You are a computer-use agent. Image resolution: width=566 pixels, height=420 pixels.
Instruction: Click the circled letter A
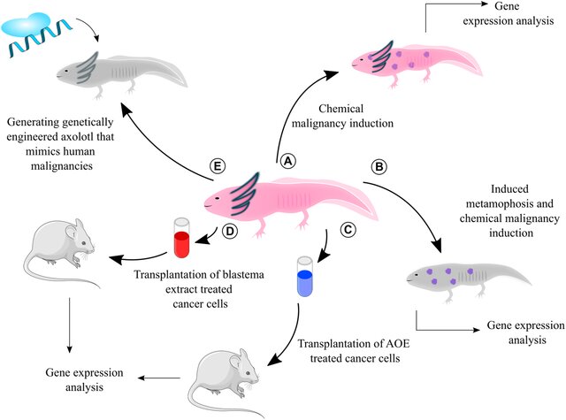pos(287,162)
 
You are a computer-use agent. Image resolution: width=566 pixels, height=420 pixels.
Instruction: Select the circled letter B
pos(380,164)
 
